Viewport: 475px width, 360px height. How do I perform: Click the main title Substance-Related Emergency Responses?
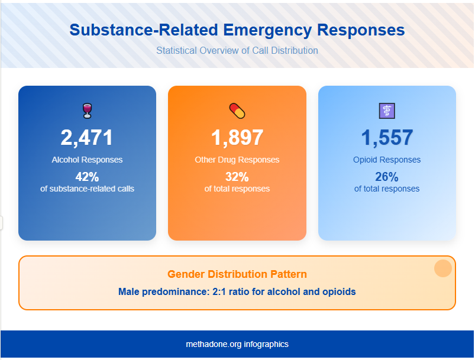[x=237, y=31]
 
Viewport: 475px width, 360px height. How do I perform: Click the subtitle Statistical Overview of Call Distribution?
[x=237, y=51]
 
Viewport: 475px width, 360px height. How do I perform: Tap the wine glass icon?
[x=87, y=111]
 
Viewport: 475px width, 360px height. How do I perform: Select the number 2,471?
[x=87, y=138]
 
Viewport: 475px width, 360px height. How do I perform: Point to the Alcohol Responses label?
[x=87, y=160]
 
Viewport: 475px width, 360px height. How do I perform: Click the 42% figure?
[x=87, y=177]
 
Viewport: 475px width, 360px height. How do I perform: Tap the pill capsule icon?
[x=237, y=111]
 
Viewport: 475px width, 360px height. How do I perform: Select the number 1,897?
[x=237, y=138]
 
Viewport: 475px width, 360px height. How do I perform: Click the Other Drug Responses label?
[x=237, y=160]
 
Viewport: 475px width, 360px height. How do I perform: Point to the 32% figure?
[x=237, y=177]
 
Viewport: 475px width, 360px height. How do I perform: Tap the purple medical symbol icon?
[x=386, y=111]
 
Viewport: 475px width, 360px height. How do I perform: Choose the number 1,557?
[x=387, y=138]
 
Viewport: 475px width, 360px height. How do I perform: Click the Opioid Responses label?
[x=387, y=160]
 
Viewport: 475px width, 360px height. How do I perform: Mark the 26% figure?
[x=387, y=177]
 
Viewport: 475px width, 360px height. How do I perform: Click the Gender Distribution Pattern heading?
[x=237, y=274]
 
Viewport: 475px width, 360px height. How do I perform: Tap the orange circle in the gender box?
[x=443, y=268]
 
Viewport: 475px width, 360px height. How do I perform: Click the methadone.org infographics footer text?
[x=237, y=344]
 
